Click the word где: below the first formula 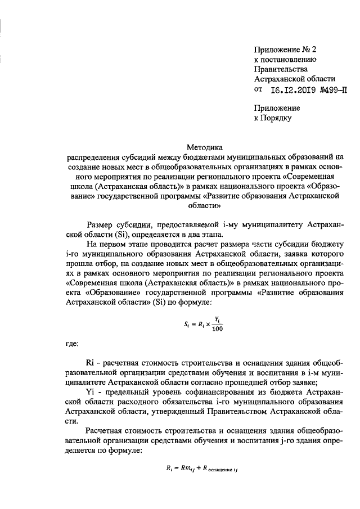(x=72, y=342)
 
